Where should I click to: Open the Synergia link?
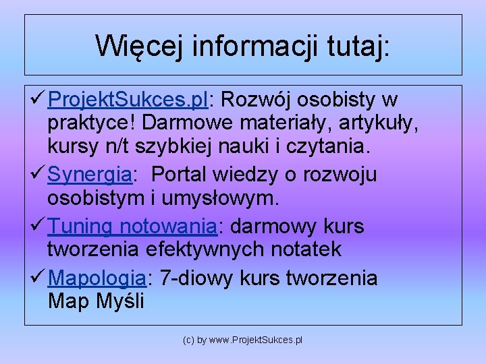(x=90, y=175)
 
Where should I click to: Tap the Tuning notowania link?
(x=132, y=226)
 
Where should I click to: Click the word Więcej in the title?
(x=140, y=46)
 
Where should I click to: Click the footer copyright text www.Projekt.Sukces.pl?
(x=256, y=340)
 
